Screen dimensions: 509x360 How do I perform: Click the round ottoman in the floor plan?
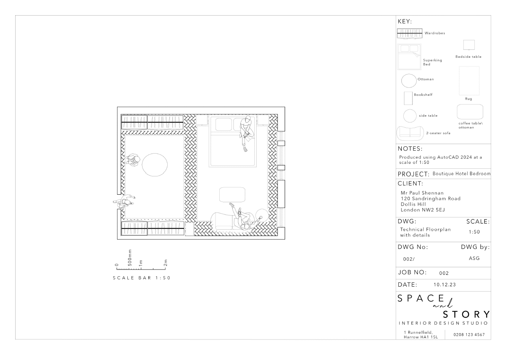(x=155, y=165)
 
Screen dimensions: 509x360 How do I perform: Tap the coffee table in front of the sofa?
(x=232, y=195)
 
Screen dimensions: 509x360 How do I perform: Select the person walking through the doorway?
(x=124, y=201)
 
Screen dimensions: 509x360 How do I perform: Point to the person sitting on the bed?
(x=247, y=133)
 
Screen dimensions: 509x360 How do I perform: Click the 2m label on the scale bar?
(x=165, y=263)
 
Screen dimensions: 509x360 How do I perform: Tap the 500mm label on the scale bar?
(x=130, y=258)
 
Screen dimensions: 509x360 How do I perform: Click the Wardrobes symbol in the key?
(x=410, y=33)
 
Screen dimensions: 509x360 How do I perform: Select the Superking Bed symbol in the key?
(x=409, y=57)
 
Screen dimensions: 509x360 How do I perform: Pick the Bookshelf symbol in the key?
(x=408, y=98)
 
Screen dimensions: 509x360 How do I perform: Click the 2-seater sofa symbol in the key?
(x=410, y=133)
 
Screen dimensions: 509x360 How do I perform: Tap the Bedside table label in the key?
(x=468, y=57)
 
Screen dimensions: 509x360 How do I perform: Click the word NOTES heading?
(x=410, y=149)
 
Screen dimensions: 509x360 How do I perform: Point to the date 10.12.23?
(x=445, y=285)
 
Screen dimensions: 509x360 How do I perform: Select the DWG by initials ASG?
(x=474, y=258)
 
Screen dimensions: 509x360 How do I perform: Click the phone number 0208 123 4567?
(x=469, y=335)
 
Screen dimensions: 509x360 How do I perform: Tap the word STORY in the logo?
(x=466, y=314)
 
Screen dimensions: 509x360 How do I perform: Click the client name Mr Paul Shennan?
(x=422, y=193)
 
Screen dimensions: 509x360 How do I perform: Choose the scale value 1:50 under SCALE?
(x=474, y=232)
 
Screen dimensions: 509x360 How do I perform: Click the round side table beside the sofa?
(x=262, y=215)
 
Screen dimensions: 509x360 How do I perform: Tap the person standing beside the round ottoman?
(x=133, y=160)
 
